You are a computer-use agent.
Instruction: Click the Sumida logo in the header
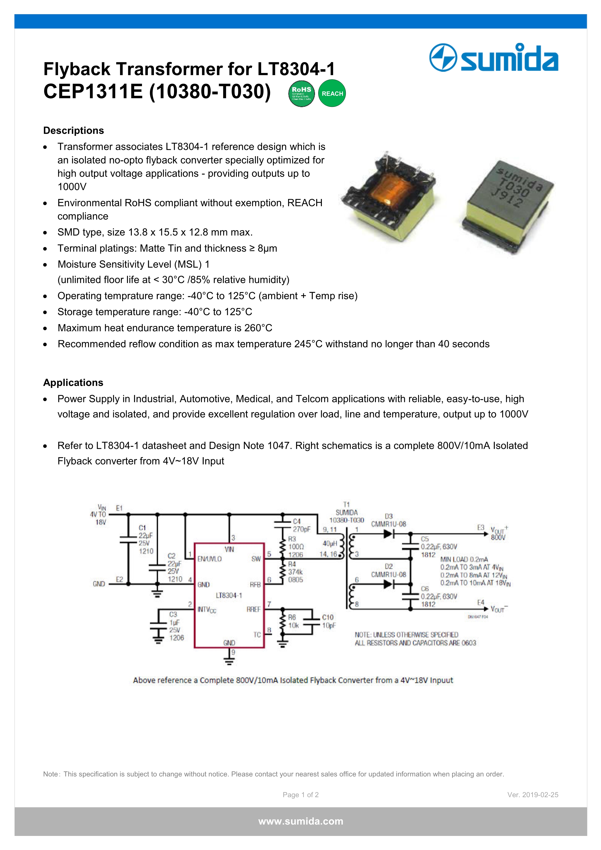pos(494,58)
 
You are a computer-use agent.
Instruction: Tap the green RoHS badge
pos(301,93)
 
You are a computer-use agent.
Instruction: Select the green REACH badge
pos(332,93)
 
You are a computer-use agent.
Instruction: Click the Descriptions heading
pos(74,130)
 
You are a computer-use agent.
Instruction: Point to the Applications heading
pos(73,382)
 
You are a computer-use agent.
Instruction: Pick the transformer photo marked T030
pos(507,206)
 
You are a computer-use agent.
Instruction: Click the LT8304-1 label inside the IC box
pos(229,595)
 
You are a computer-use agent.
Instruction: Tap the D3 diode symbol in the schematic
pos(388,534)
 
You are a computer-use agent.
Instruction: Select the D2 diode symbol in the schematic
pos(388,584)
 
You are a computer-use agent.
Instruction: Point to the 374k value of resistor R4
pos(295,572)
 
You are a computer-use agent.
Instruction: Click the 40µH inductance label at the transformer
pos(330,543)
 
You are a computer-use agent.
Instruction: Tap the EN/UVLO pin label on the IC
pos(209,559)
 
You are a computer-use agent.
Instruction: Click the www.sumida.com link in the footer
pos(300,821)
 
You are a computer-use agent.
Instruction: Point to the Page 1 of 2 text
pos(300,794)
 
